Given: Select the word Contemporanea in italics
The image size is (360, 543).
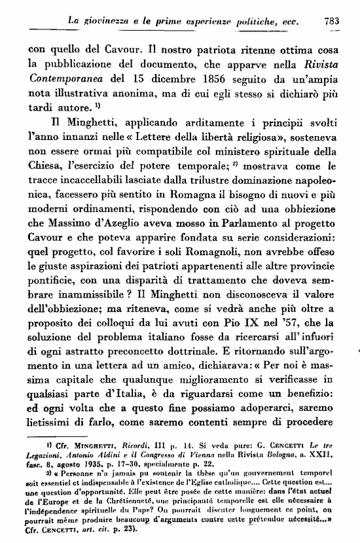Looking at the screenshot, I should click(x=64, y=81).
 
